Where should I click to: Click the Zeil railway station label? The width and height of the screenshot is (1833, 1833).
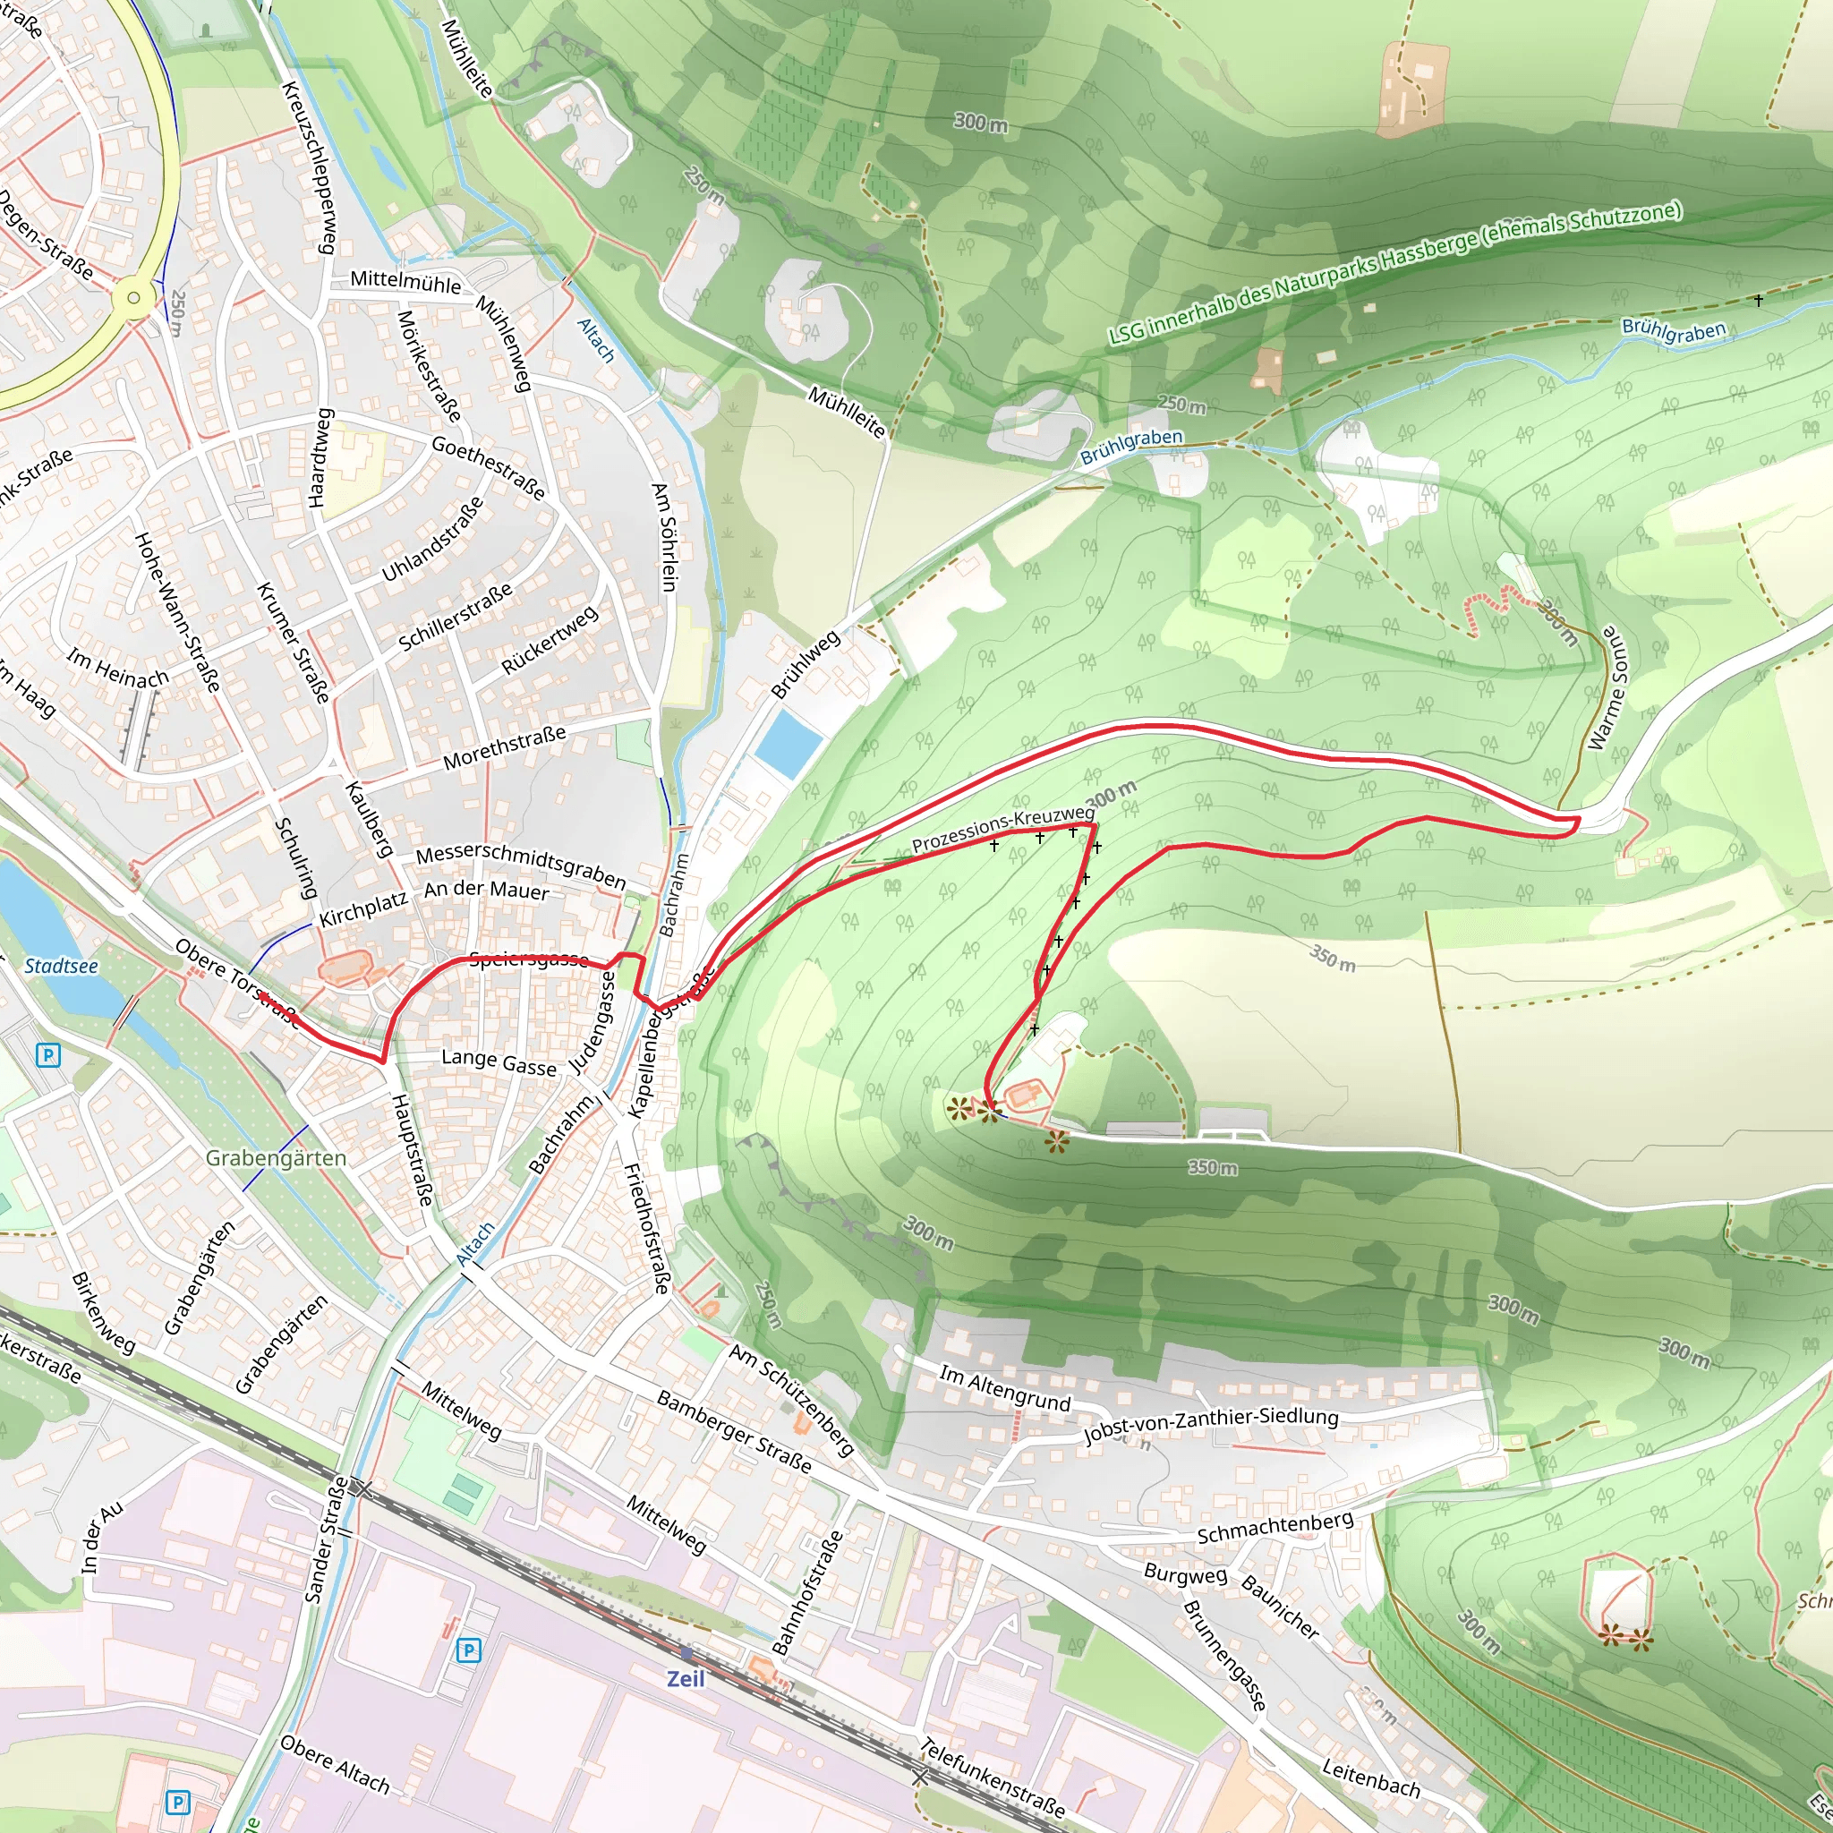click(685, 1678)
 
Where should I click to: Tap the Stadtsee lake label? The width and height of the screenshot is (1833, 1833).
click(61, 966)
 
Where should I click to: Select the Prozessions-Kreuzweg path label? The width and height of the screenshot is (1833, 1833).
click(1002, 831)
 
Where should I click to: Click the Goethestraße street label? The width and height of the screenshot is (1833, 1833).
click(489, 468)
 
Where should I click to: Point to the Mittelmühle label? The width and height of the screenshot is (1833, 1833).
click(405, 281)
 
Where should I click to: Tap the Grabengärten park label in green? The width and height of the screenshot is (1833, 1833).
click(276, 1158)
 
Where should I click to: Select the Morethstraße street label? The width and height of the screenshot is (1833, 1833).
click(504, 747)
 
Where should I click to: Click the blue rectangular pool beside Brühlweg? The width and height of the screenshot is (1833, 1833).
click(789, 743)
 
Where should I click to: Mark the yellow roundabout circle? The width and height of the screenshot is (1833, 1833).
click(132, 298)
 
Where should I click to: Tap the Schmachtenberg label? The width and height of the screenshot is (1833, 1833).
click(1275, 1528)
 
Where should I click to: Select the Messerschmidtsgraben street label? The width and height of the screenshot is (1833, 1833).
click(521, 867)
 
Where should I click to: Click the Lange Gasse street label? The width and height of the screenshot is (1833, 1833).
click(499, 1062)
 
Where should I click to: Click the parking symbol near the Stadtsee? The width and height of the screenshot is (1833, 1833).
click(47, 1055)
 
